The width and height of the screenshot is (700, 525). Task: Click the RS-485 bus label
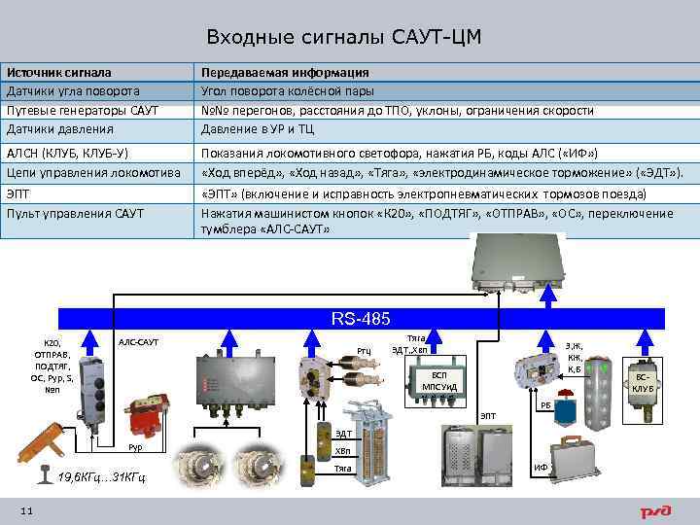pyautogui.click(x=361, y=319)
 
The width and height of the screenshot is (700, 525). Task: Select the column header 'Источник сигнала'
pyautogui.click(x=58, y=73)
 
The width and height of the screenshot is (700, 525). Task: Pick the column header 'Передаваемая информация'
pyautogui.click(x=284, y=73)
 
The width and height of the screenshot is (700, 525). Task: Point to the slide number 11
pyautogui.click(x=26, y=510)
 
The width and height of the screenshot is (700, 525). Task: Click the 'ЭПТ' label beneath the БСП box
pyautogui.click(x=487, y=415)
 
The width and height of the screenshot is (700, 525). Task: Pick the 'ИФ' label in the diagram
pyautogui.click(x=541, y=468)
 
